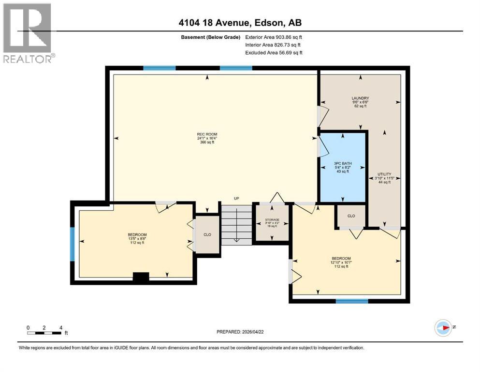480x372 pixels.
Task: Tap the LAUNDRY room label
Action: [360, 98]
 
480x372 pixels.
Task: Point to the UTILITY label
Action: [384, 174]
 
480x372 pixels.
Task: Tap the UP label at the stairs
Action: [236, 199]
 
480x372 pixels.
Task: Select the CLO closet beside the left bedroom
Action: [207, 234]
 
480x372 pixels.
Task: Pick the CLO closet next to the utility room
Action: [351, 216]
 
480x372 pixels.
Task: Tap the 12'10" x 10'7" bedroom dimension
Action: [341, 263]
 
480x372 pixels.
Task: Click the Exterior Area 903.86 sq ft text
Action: [274, 37]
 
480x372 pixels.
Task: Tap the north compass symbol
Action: [443, 328]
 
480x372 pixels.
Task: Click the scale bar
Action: [44, 333]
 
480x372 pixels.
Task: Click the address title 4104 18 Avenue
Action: [239, 23]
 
